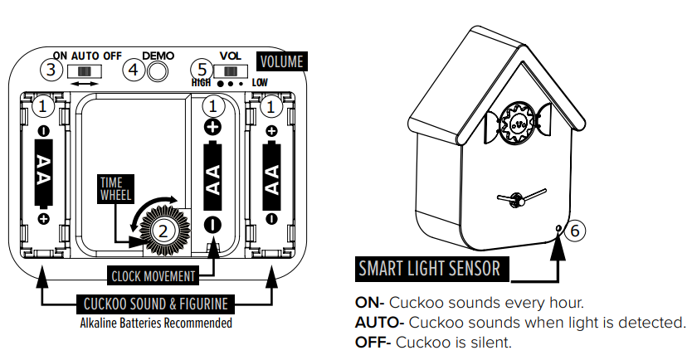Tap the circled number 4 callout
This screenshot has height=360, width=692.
pyautogui.click(x=134, y=70)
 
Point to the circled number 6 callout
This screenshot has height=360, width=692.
pyautogui.click(x=574, y=231)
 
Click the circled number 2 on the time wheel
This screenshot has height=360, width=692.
pyautogui.click(x=163, y=231)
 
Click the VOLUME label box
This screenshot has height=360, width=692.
pyautogui.click(x=282, y=61)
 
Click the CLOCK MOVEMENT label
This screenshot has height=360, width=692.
pyautogui.click(x=154, y=276)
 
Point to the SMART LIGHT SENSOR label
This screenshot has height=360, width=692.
pyautogui.click(x=429, y=269)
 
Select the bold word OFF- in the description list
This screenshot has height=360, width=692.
pyautogui.click(x=373, y=341)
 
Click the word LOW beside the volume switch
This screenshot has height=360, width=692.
pyautogui.click(x=261, y=83)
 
